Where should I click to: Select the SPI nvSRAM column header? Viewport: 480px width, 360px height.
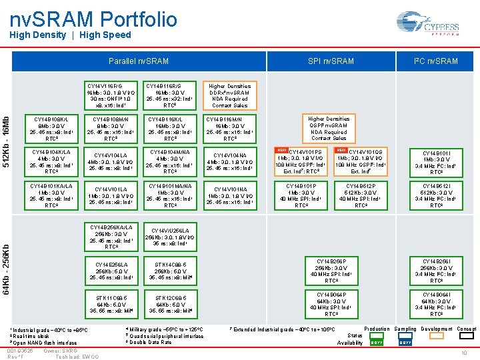pyautogui.click(x=331, y=61)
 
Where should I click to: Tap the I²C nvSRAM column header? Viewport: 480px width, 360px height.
pyautogui.click(x=436, y=61)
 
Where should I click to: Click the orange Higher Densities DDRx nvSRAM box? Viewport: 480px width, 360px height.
pyautogui.click(x=230, y=95)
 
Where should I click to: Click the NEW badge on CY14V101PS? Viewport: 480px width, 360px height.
pyautogui.click(x=282, y=151)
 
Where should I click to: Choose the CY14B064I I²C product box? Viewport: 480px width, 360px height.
pyautogui.click(x=436, y=304)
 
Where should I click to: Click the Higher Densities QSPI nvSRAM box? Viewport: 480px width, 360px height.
pyautogui.click(x=329, y=128)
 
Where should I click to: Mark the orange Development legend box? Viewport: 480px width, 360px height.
pyautogui.click(x=436, y=342)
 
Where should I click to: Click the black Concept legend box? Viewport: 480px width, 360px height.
pyautogui.click(x=466, y=342)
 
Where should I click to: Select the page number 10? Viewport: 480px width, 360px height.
pyautogui.click(x=464, y=353)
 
